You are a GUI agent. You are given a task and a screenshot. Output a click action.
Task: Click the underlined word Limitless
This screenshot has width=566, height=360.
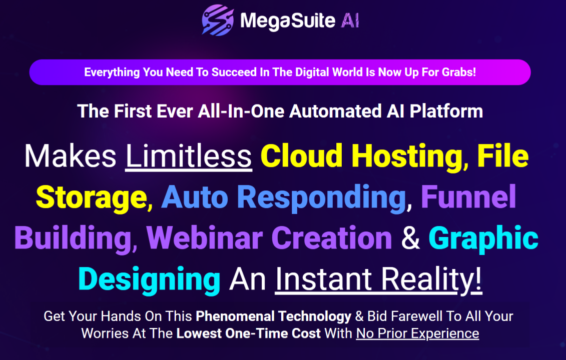pos(189,156)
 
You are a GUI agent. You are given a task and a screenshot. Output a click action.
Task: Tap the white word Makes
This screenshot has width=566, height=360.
pos(70,156)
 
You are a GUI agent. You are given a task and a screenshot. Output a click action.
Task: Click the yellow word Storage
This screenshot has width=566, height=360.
pos(90,197)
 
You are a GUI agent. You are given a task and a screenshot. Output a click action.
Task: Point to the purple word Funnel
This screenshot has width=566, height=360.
pos(468,197)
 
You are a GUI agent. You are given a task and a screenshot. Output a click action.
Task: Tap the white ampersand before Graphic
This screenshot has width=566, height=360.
pos(410,238)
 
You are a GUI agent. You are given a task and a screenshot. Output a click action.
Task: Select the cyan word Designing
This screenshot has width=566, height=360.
pos(149,279)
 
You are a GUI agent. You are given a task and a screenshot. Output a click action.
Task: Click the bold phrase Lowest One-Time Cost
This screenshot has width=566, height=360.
pos(249,333)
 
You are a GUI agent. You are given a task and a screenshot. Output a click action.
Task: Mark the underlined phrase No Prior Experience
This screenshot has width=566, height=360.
pos(417,333)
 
